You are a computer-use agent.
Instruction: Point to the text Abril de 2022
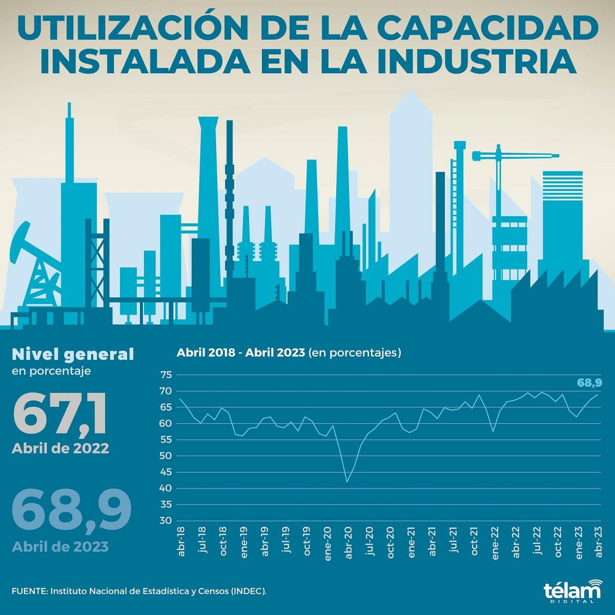(x=60, y=448)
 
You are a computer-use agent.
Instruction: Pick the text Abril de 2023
(x=60, y=546)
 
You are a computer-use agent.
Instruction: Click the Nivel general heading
(x=72, y=354)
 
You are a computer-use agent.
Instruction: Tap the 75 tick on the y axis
(x=166, y=375)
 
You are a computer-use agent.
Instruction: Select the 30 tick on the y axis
(x=166, y=521)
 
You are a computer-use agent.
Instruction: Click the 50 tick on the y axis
(x=166, y=456)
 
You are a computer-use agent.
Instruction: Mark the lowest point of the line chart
(x=347, y=482)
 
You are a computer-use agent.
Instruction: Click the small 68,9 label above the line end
(x=589, y=382)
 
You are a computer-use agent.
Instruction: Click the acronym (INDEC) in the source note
(x=249, y=591)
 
